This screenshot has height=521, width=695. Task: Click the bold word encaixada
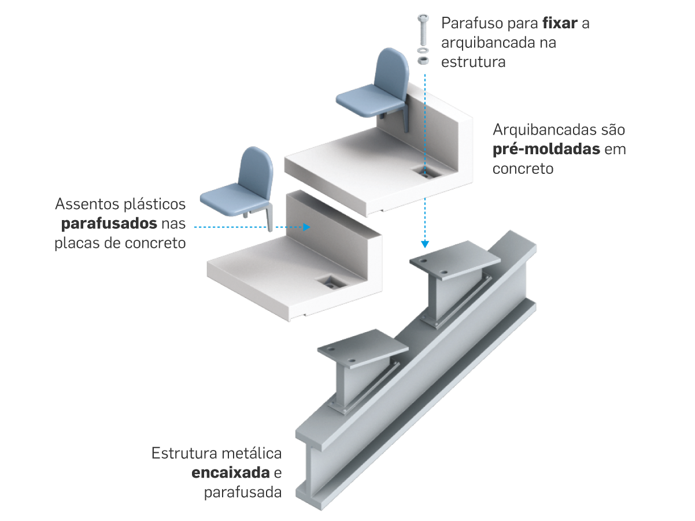(x=231, y=474)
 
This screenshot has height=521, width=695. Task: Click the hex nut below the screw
(x=423, y=59)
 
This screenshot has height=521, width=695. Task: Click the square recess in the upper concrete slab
(x=428, y=172)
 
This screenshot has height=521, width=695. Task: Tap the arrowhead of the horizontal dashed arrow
(x=306, y=228)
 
